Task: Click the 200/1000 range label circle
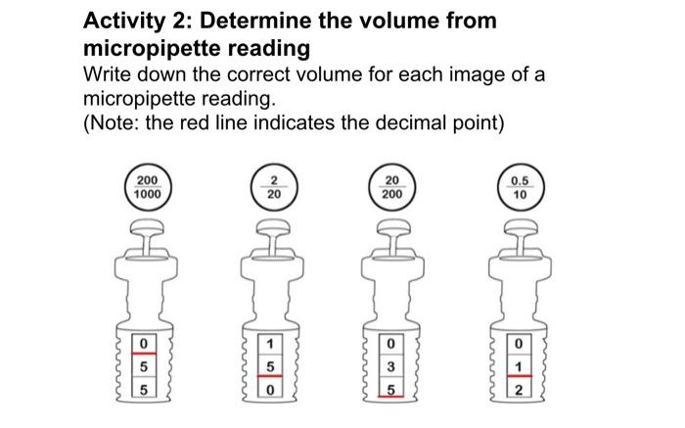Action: click(x=147, y=187)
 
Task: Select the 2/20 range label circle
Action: click(x=273, y=187)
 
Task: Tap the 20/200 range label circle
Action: click(x=391, y=187)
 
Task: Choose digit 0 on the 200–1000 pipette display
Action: click(x=144, y=345)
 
